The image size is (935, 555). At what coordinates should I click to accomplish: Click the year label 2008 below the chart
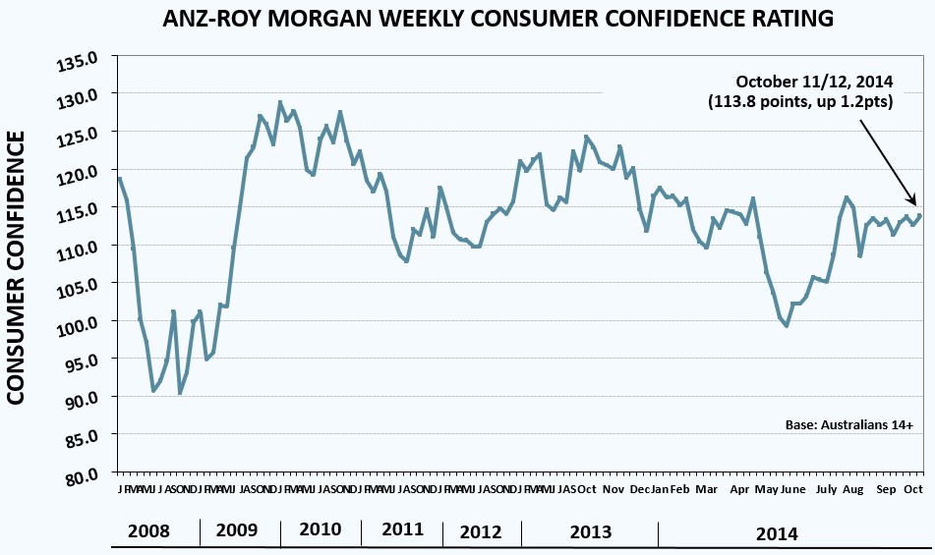tap(148, 531)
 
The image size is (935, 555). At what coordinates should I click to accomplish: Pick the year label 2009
tap(237, 530)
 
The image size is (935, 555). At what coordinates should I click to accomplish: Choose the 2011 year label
tap(403, 529)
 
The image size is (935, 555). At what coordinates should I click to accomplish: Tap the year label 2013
tap(590, 531)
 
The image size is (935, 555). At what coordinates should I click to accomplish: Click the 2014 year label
tap(777, 533)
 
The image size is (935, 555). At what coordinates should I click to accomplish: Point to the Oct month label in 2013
tap(586, 489)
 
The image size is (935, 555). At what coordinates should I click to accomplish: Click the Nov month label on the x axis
tap(614, 489)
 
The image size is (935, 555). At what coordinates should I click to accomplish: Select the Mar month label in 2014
tap(706, 489)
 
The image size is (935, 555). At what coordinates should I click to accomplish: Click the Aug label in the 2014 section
tap(853, 489)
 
